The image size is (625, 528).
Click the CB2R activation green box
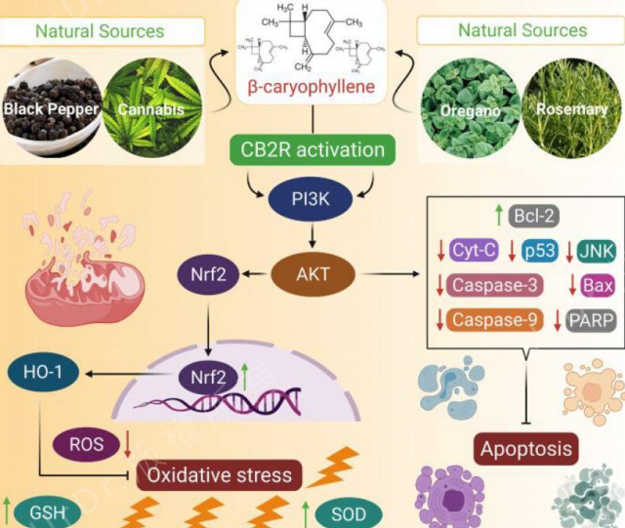click(312, 150)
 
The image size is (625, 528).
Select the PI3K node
click(312, 201)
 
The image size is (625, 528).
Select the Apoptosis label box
click(525, 449)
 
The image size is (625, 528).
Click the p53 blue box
click(538, 252)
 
